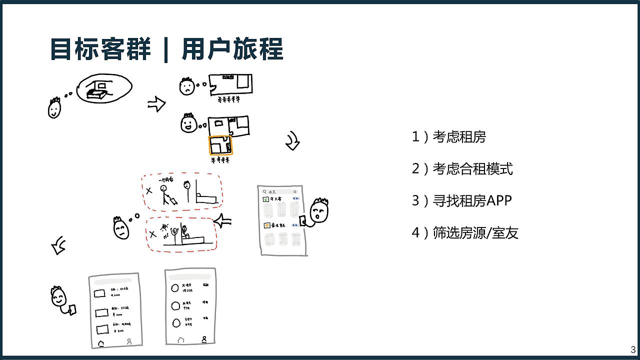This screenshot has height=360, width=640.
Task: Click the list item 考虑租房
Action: [448, 136]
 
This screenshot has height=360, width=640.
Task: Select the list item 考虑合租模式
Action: [462, 168]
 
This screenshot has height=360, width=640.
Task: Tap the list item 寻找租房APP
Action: [461, 200]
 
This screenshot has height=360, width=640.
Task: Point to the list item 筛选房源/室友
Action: [465, 232]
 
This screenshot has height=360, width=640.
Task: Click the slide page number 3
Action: [633, 349]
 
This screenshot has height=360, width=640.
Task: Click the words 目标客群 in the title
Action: [100, 49]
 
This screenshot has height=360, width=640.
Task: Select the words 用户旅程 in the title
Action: [232, 49]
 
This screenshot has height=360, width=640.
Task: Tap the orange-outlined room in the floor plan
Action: [220, 145]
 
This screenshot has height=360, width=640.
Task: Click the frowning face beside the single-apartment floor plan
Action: [186, 87]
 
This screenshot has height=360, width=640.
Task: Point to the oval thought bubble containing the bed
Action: [104, 88]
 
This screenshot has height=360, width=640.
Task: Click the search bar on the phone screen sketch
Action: [280, 191]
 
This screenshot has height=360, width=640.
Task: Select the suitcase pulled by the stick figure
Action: [172, 201]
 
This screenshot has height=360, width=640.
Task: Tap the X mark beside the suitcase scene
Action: [148, 191]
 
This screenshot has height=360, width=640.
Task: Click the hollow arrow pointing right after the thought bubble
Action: [156, 104]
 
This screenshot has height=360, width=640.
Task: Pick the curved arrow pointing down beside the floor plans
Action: [292, 142]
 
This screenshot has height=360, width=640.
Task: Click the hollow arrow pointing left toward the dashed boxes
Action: [223, 220]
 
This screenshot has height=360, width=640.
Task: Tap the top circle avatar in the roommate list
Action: [175, 287]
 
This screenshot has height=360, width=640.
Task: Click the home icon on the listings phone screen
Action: [101, 343]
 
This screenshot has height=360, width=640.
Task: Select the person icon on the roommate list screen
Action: [204, 339]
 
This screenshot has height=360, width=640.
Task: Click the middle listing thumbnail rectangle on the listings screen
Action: [101, 312]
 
